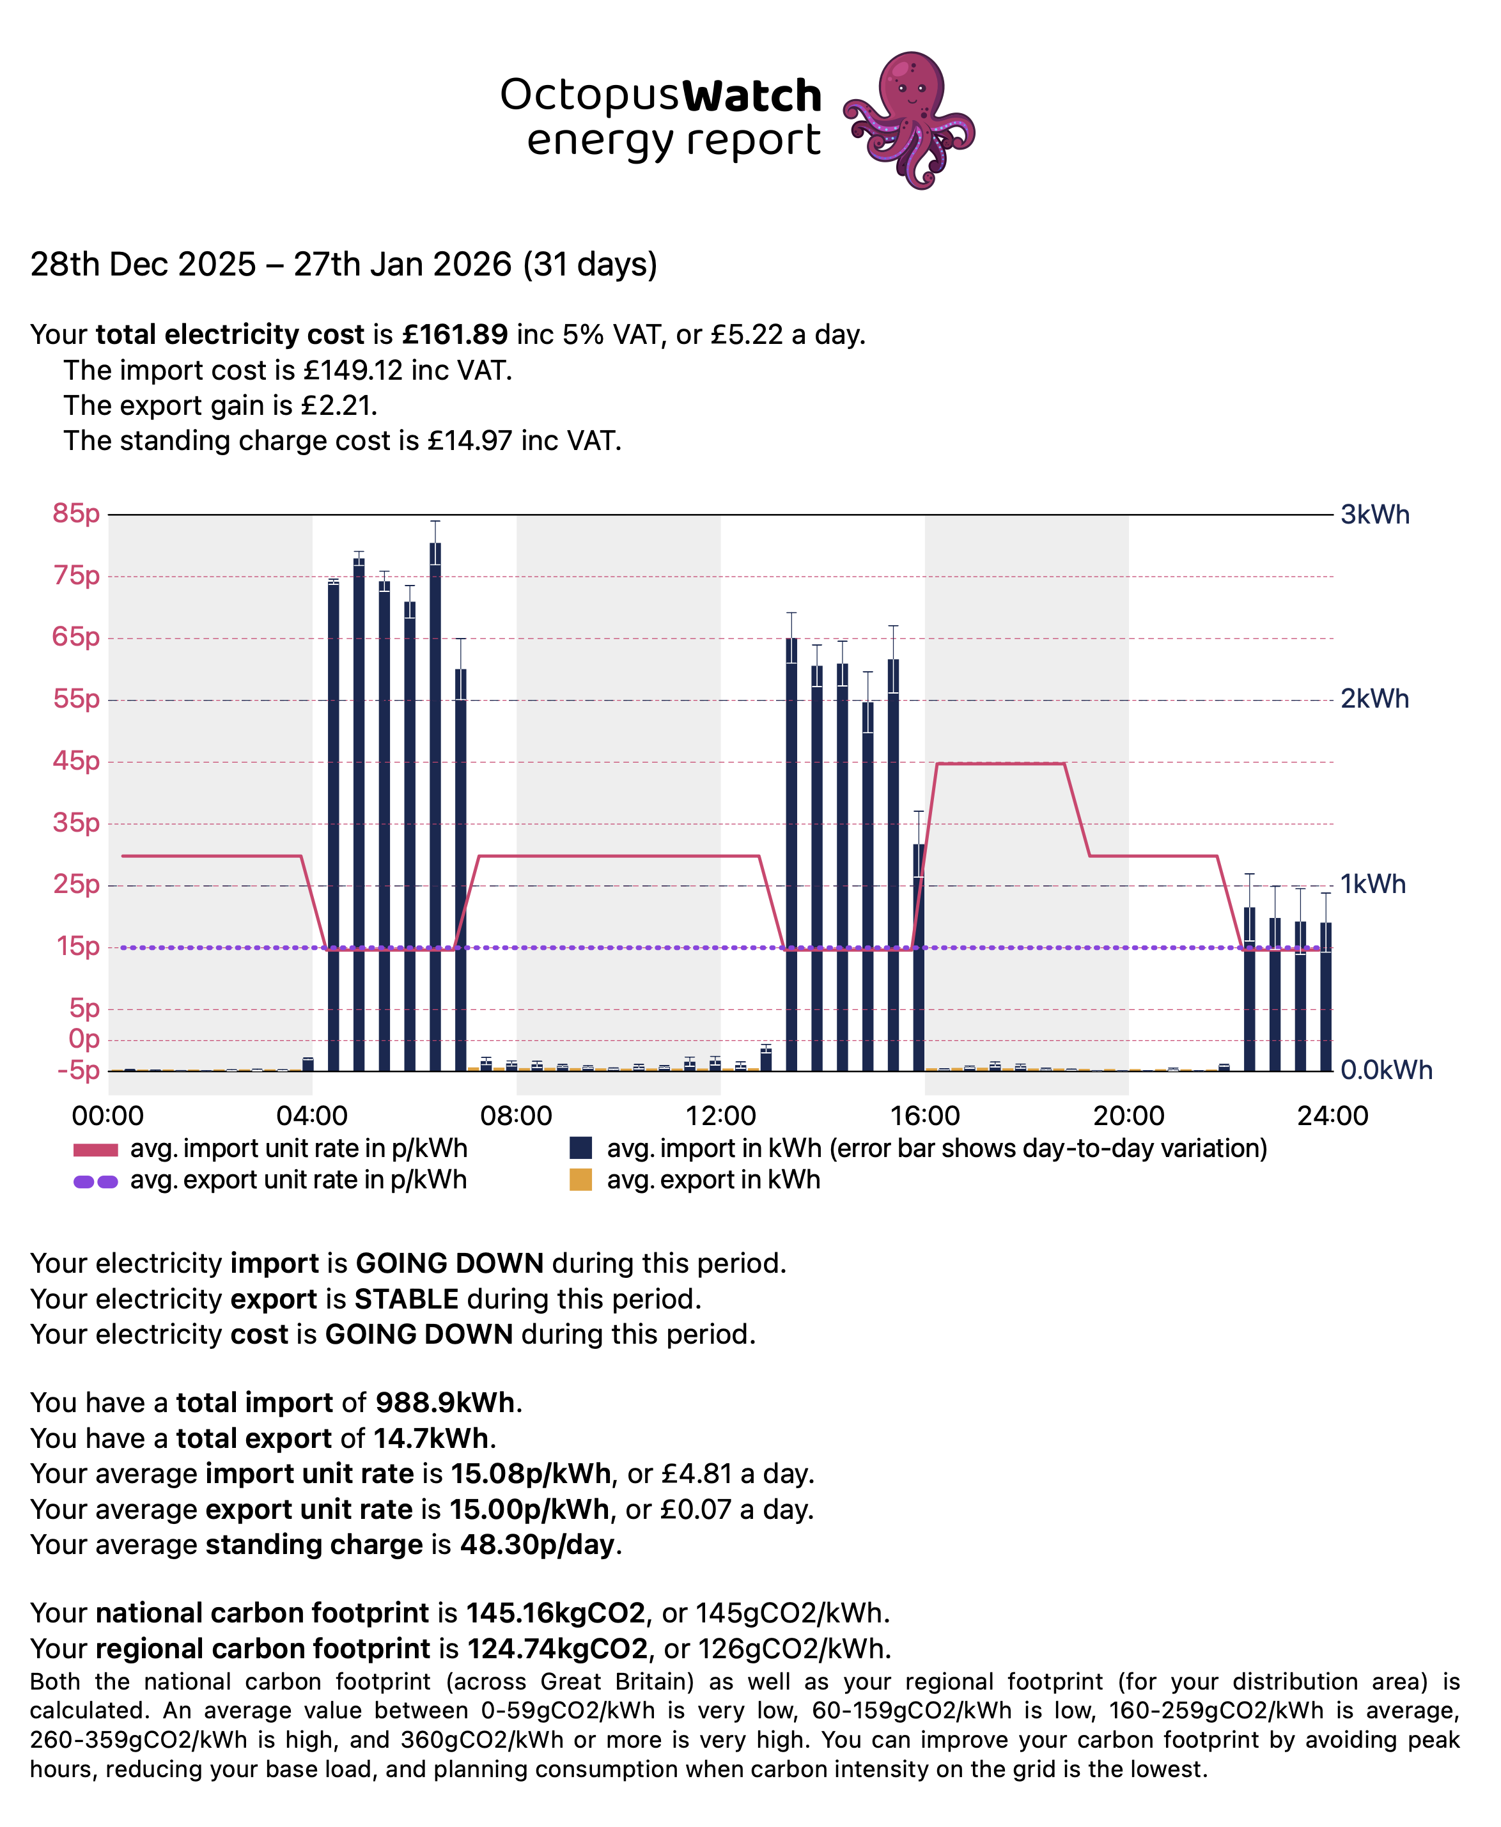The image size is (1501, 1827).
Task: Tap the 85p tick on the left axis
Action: click(x=76, y=513)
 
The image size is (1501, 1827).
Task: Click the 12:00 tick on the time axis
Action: click(x=720, y=1116)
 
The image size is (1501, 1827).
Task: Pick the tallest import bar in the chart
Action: click(x=435, y=804)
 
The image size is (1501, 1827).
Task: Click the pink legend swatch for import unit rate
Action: click(x=95, y=1149)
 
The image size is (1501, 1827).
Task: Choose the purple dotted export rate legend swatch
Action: click(x=95, y=1181)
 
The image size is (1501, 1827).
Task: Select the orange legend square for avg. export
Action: click(x=581, y=1179)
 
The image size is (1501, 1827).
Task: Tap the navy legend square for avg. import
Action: click(x=581, y=1148)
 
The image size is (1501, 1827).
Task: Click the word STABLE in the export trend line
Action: click(x=407, y=1299)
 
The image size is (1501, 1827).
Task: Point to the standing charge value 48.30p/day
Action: click(x=540, y=1544)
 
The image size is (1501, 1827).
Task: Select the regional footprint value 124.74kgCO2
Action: click(x=557, y=1648)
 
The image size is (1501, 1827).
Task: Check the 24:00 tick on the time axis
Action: click(x=1332, y=1116)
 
